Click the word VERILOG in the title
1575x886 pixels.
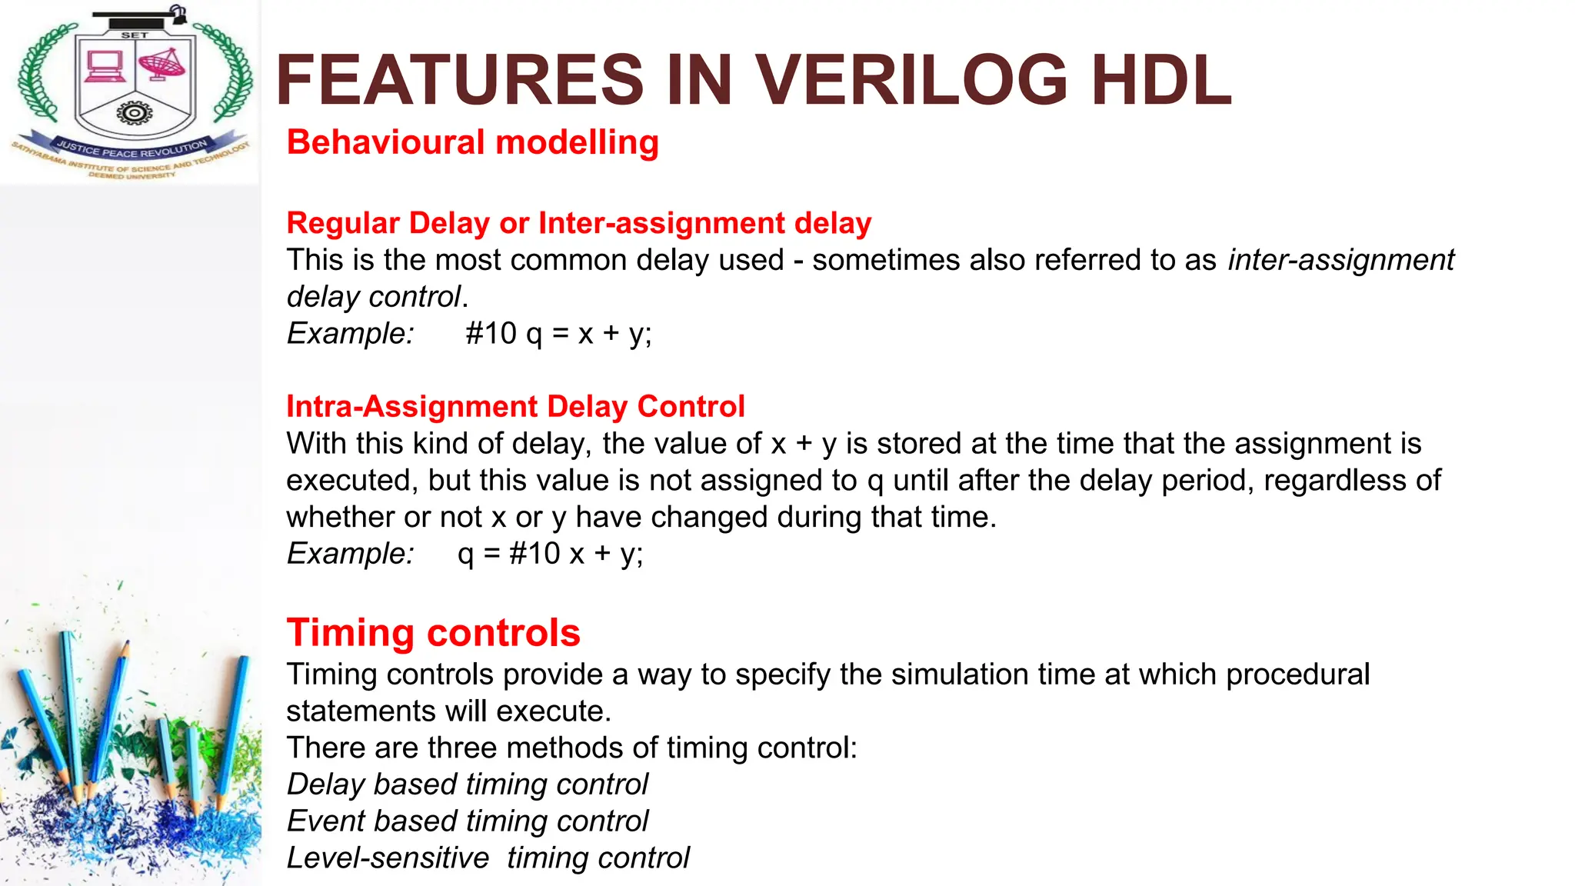tap(911, 80)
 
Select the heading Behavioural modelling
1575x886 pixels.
tap(472, 143)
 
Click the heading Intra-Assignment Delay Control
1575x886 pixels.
tap(515, 406)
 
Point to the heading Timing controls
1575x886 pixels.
tap(433, 633)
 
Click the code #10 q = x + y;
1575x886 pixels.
tap(558, 334)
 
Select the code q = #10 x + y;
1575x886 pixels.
tap(550, 554)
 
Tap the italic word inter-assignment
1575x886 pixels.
tap(1340, 260)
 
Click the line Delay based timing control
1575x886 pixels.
tap(468, 784)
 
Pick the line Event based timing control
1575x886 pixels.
tap(468, 821)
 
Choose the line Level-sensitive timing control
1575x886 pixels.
tap(488, 858)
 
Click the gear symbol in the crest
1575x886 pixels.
tap(135, 114)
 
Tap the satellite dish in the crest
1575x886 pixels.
tap(162, 65)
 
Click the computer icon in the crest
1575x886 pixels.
tap(105, 66)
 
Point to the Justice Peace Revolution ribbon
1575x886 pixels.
tap(132, 148)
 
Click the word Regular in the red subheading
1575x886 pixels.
tap(344, 223)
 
